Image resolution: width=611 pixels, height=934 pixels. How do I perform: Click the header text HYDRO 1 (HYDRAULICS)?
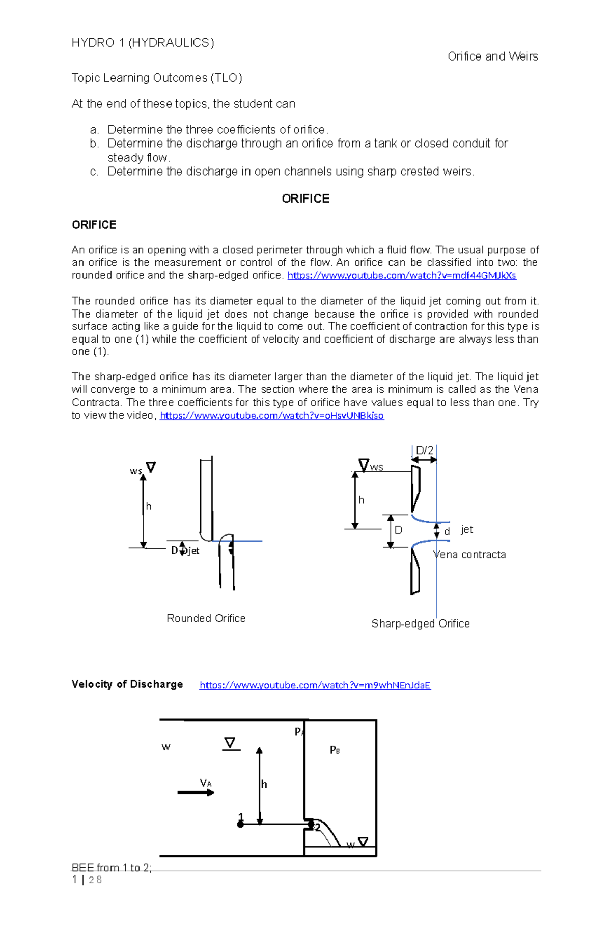(143, 43)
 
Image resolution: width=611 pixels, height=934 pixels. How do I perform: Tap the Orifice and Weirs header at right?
(492, 56)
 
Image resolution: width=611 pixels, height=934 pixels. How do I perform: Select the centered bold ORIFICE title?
(305, 199)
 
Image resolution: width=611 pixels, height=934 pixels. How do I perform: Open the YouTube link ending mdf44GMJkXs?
(402, 276)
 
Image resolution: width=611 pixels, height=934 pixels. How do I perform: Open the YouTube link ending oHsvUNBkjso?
(272, 416)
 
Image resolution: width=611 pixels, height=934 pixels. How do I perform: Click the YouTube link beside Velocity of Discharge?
(315, 685)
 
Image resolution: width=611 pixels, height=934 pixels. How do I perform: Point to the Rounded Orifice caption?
(206, 618)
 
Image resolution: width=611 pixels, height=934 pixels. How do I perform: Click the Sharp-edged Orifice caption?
(420, 624)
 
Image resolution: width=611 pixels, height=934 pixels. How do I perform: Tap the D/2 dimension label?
(424, 450)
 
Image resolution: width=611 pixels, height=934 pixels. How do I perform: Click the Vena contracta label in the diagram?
(469, 555)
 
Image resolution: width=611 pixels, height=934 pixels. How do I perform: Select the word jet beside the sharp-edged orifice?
(467, 530)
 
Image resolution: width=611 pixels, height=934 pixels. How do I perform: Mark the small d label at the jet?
(447, 532)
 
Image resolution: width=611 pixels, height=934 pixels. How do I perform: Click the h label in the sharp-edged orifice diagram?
(362, 500)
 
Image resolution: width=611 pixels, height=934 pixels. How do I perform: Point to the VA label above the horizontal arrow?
(206, 783)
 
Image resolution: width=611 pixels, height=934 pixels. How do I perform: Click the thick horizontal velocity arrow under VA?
(196, 793)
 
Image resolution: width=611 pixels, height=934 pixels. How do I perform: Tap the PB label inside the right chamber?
(335, 750)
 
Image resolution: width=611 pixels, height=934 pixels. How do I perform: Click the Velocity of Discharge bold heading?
(127, 684)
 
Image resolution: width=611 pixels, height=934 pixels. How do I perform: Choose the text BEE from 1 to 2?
(112, 868)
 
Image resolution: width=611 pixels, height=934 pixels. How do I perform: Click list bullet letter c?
(94, 172)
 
